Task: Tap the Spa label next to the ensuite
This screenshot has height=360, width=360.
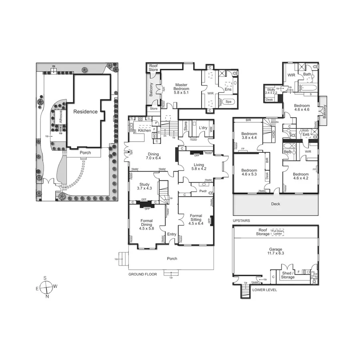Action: [x=228, y=102]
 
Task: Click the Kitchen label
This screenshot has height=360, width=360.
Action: [x=144, y=130]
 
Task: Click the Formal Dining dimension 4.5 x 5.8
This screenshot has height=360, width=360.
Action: [x=147, y=228]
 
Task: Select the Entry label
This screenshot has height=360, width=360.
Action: [x=172, y=234]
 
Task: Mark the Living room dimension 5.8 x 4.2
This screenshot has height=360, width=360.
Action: [x=198, y=169]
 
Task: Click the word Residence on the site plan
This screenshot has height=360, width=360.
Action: [x=85, y=112]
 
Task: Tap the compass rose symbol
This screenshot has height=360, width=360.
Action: [x=46, y=287]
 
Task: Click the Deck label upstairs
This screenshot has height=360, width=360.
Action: [x=275, y=204]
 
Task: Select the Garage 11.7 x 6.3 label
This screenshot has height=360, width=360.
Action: [x=276, y=250]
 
